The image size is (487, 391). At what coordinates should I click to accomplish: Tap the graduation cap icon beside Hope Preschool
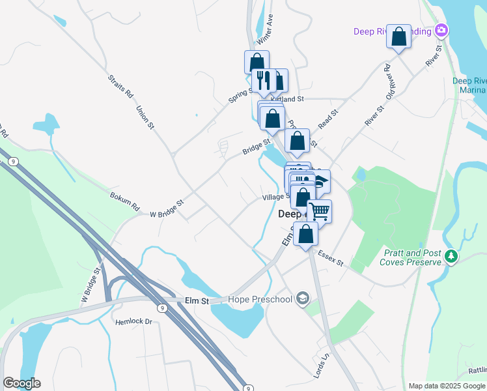pos(302,299)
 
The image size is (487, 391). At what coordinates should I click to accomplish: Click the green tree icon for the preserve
pos(451,257)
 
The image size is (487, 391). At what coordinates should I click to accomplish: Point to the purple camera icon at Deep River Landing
pos(442,31)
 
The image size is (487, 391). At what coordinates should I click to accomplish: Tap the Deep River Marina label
pos(469,85)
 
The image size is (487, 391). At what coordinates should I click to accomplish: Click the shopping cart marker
pos(319,211)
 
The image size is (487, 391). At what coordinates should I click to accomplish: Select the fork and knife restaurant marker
pos(263,81)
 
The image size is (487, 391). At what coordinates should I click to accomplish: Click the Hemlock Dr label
pos(133,321)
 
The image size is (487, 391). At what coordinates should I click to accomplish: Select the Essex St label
pos(331,260)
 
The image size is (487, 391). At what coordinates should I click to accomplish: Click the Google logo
pos(22,383)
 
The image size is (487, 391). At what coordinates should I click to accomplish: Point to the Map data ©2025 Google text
pos(447,386)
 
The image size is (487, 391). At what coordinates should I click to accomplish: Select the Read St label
pos(329,121)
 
